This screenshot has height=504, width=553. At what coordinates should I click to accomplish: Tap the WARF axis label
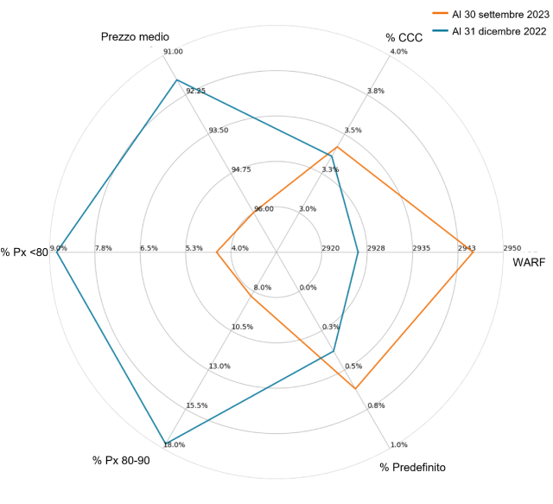pos(529,263)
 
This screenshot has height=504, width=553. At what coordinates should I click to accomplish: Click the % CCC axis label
pos(404,37)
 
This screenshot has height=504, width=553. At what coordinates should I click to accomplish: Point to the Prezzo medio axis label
pos(135,37)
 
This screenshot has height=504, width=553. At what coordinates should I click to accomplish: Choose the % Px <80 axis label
pos(24,252)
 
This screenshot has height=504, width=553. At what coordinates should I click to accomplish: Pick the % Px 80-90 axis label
pos(121,460)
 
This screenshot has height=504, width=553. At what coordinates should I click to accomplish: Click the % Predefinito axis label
pos(413,467)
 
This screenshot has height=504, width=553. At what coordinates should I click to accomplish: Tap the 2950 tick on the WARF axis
pos(512,248)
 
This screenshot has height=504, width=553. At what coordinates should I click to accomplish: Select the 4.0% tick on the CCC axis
pos(399,52)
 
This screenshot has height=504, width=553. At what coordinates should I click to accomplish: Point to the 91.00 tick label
pos(173,52)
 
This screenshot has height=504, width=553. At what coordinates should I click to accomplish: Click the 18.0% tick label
pos(175,445)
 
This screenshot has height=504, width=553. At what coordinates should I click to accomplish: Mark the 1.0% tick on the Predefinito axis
pos(399,445)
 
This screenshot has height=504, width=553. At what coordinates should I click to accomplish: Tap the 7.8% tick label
pos(103,248)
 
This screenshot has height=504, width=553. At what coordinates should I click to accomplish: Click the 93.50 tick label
pos(219,131)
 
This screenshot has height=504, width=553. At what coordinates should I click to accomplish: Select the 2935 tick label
pos(421,248)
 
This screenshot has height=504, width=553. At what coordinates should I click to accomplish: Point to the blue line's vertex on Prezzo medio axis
pos(176,80)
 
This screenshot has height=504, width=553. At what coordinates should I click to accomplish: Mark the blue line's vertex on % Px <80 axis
pos(57,252)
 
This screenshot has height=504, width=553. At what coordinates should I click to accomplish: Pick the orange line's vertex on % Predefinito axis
pos(356,388)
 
